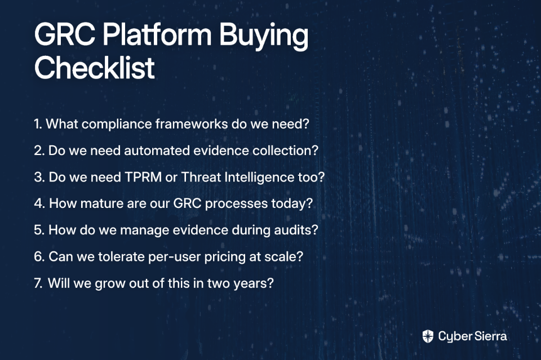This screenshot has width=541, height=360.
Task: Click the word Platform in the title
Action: click(x=157, y=34)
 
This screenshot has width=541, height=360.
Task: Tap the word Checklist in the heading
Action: click(x=95, y=67)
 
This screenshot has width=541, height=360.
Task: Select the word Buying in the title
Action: click(x=264, y=37)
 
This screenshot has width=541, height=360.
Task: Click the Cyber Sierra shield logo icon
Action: click(x=428, y=336)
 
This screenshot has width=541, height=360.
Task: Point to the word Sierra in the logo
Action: click(x=490, y=336)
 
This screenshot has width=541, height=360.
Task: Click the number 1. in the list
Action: click(x=38, y=124)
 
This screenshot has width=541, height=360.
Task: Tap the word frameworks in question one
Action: click(x=192, y=124)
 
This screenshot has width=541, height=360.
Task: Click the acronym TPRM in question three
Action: click(x=143, y=177)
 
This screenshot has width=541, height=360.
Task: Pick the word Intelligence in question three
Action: click(x=259, y=177)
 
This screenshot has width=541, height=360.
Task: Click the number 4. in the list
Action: click(x=39, y=203)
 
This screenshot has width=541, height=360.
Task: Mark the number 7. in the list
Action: click(x=38, y=283)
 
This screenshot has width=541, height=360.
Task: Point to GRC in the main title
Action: click(x=65, y=34)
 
